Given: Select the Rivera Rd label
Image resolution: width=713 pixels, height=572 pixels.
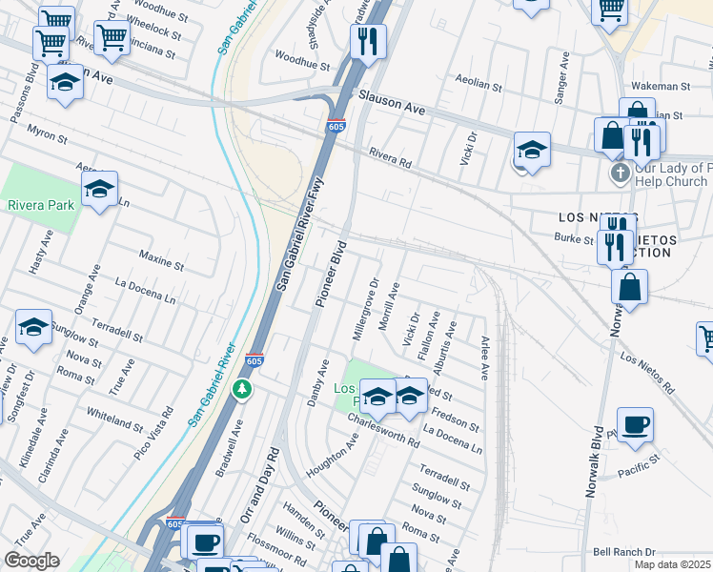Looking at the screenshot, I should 389,157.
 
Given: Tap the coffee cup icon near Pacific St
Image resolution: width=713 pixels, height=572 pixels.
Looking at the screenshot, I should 635,424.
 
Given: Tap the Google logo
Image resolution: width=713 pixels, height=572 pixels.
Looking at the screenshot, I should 31,561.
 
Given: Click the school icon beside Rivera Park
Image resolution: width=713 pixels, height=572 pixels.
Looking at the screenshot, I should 99,190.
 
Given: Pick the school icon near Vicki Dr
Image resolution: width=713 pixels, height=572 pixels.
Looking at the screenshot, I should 532,150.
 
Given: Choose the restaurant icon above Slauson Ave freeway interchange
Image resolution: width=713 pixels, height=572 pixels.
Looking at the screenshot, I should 367,40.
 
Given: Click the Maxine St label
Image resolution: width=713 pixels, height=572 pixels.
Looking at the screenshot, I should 160,259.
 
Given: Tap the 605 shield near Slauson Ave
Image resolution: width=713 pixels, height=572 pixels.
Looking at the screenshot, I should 336,126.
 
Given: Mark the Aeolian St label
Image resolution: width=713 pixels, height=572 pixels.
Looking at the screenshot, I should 479,86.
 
